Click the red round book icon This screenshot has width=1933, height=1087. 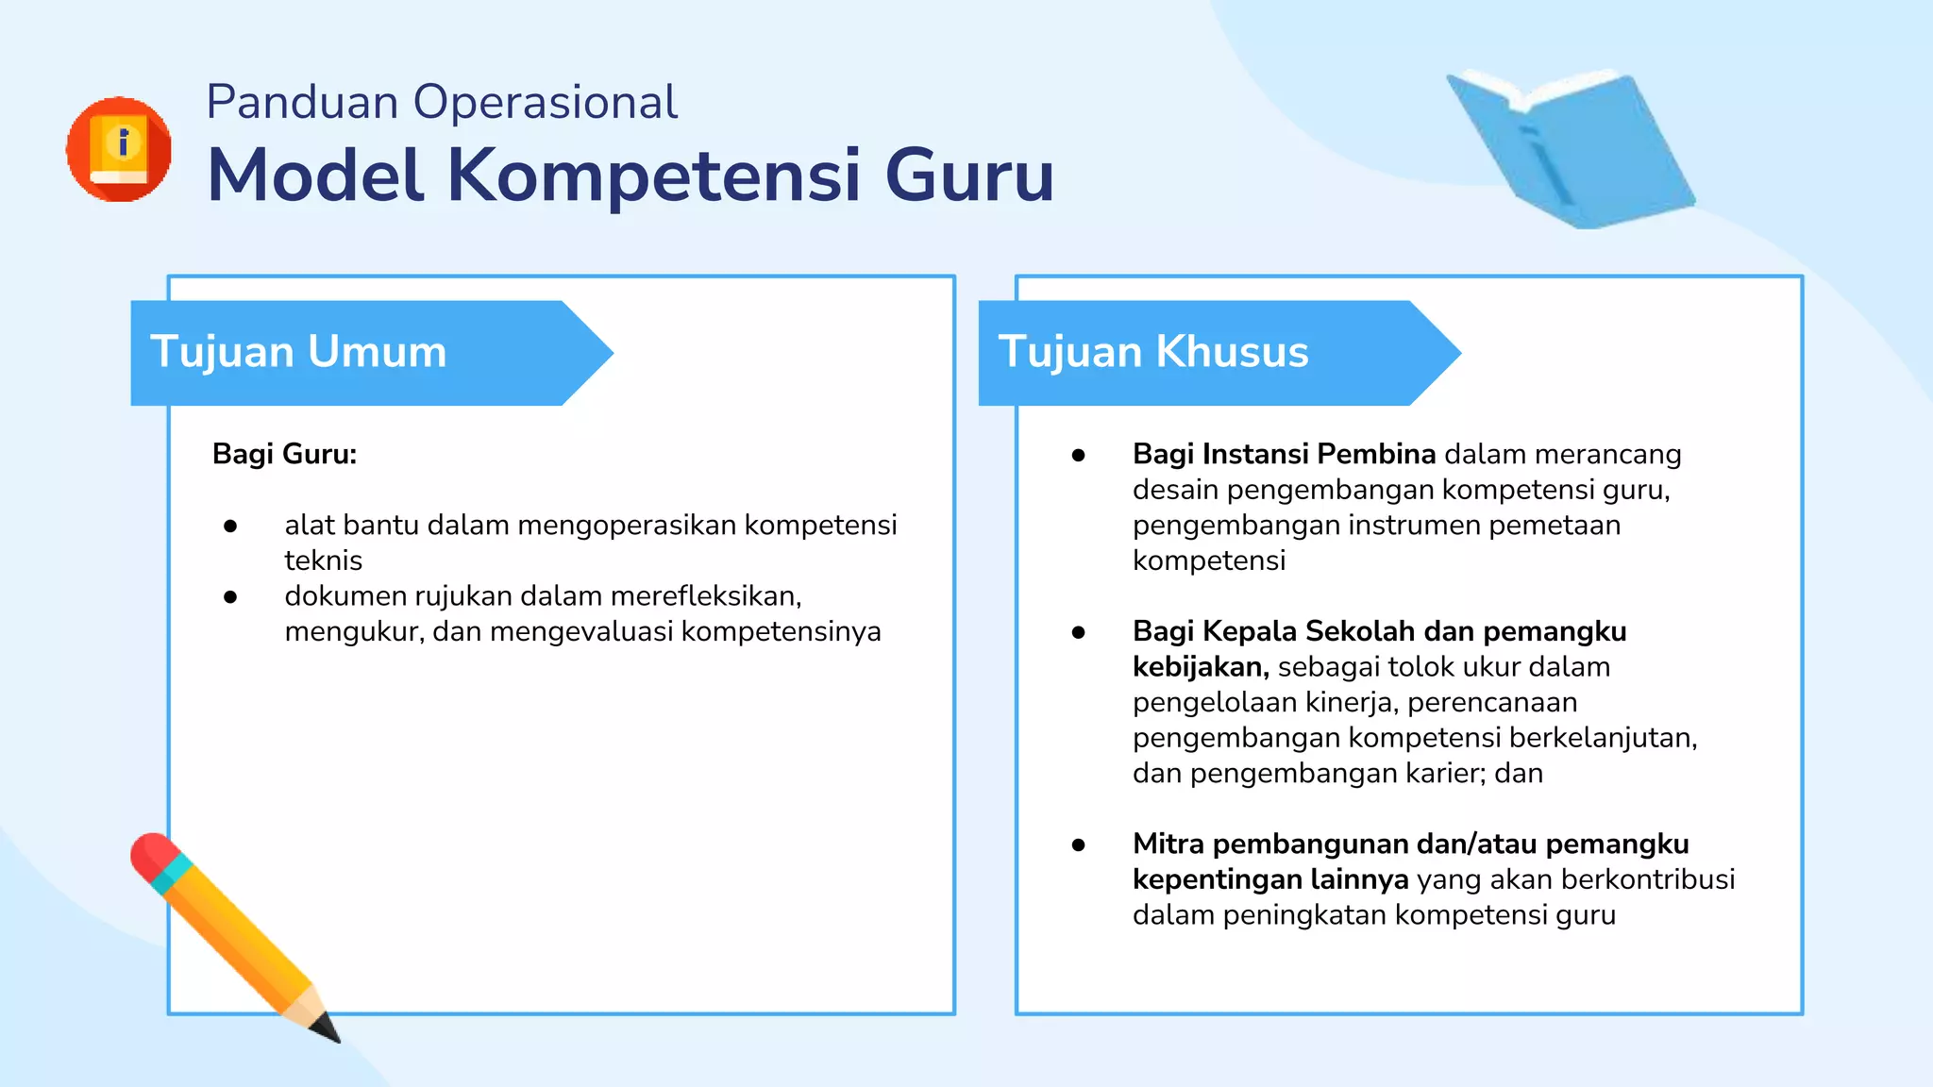119,149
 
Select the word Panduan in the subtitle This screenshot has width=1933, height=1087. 302,102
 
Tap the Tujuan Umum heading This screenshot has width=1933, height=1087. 298,352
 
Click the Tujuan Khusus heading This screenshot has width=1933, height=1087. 1153,352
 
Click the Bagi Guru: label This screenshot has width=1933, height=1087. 284,454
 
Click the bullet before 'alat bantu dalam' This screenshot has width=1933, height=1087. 230,526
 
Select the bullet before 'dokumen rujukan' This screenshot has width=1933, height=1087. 230,596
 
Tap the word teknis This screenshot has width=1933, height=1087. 323,560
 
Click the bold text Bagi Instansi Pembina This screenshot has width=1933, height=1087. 1284,454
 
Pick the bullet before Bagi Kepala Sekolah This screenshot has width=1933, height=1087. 1078,632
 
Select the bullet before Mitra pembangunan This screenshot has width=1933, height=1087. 1078,845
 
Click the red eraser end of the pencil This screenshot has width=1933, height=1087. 151,855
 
